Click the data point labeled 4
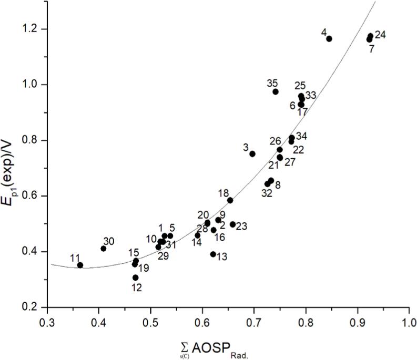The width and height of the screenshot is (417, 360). coord(329,38)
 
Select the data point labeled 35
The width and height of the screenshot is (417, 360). coord(276,91)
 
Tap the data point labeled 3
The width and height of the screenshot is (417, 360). coord(252,153)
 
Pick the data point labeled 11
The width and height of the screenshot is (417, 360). coord(80,265)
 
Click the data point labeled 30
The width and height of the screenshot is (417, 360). coord(104,249)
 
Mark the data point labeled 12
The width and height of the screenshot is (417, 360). coord(136,277)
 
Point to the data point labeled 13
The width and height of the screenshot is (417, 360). coord(213,254)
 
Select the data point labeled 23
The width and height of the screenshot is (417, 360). coord(233,224)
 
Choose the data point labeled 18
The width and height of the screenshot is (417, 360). coord(230,200)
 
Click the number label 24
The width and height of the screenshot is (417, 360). coord(381,35)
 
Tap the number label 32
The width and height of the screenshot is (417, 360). coord(267,193)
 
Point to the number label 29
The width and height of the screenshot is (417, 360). coord(163,256)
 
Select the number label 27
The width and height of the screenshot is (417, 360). coord(290,162)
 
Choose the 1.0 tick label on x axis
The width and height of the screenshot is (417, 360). coord(409,320)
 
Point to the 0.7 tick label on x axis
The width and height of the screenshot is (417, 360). coord(254,320)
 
